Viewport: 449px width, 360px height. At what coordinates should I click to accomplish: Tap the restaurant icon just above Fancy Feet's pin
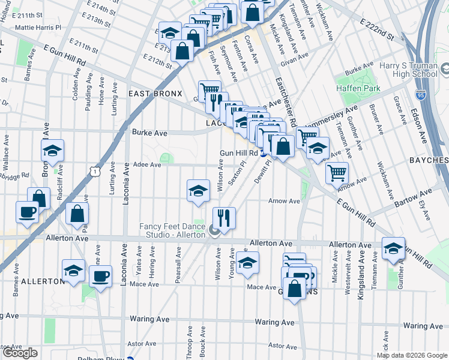pyautogui.click(x=224, y=218)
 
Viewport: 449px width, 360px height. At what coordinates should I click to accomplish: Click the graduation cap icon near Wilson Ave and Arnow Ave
pyautogui.click(x=199, y=191)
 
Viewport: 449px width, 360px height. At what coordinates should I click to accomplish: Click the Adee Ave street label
pyautogui.click(x=147, y=164)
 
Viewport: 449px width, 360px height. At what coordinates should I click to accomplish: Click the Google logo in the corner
pyautogui.click(x=21, y=353)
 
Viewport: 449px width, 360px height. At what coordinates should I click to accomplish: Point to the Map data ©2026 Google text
pyautogui.click(x=412, y=355)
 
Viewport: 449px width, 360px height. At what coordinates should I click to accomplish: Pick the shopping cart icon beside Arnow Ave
pyautogui.click(x=337, y=173)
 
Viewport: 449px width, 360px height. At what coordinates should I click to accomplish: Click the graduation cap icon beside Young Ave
pyautogui.click(x=247, y=262)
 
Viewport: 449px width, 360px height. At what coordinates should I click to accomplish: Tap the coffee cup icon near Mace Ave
pyautogui.click(x=101, y=277)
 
